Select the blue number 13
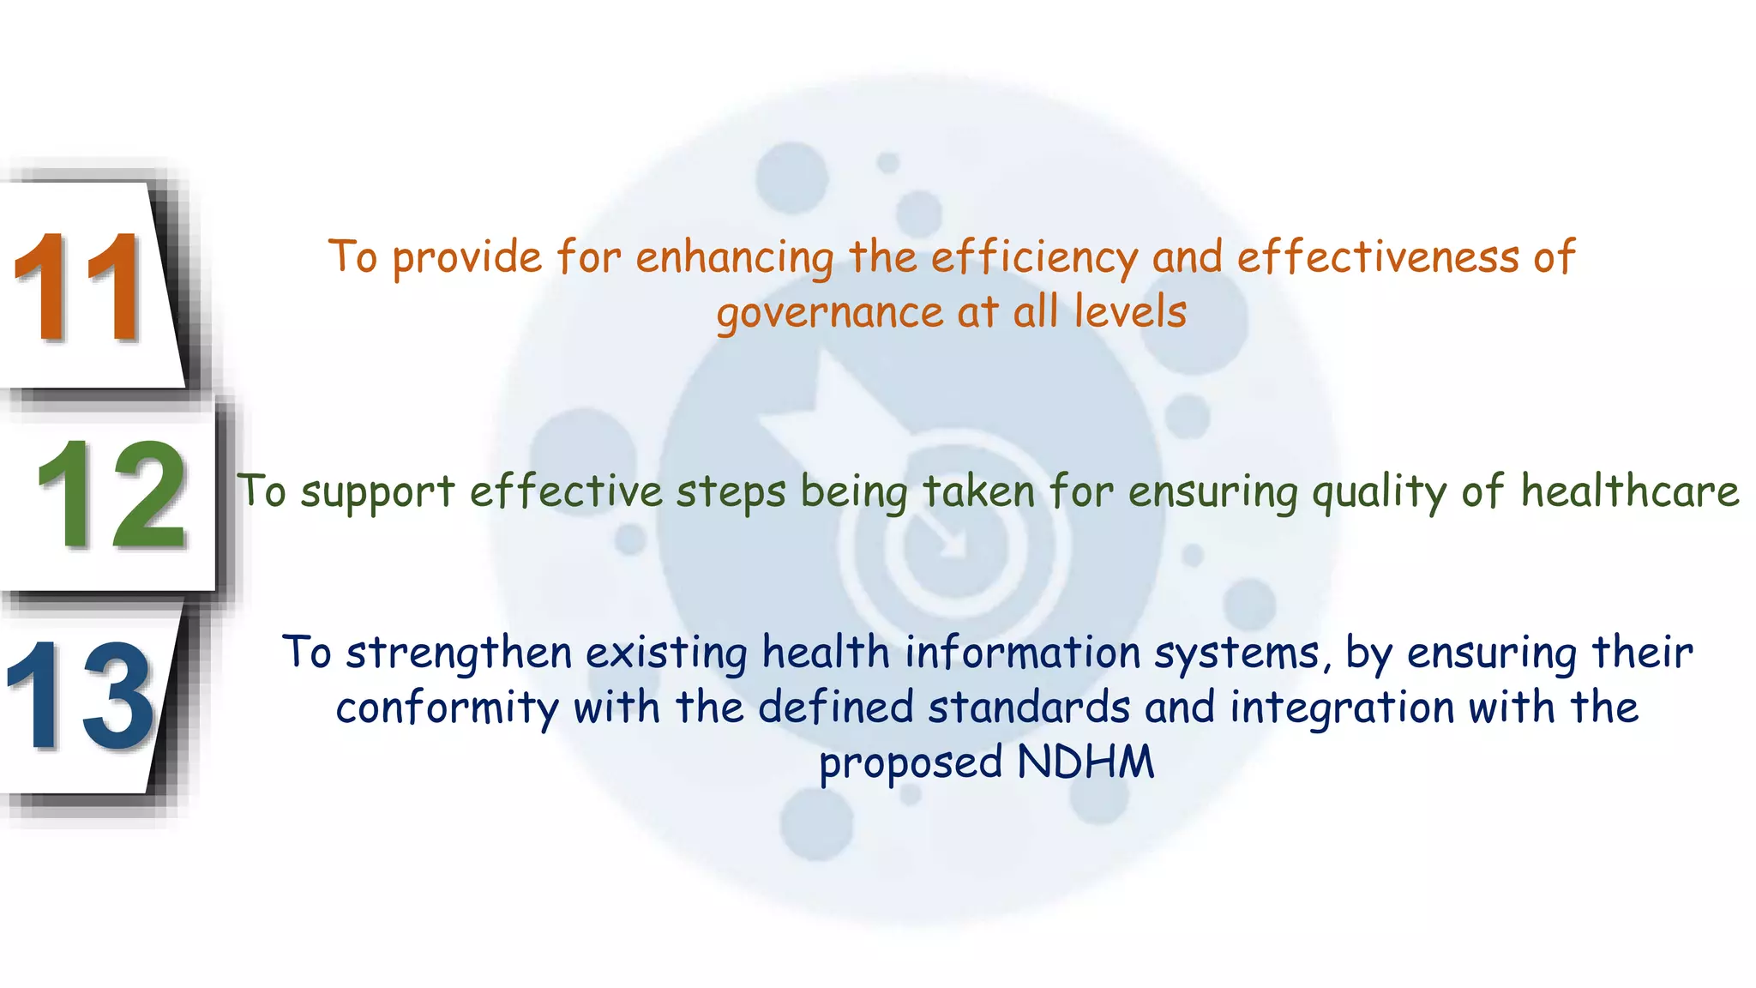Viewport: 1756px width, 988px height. (81, 696)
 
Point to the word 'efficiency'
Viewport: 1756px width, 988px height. (1034, 257)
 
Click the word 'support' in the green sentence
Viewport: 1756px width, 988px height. (377, 492)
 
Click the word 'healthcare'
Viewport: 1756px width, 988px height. (1630, 491)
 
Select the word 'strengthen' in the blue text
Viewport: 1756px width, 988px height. (459, 654)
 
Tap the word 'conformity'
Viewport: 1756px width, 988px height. (447, 709)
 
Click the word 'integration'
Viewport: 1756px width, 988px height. (1342, 709)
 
